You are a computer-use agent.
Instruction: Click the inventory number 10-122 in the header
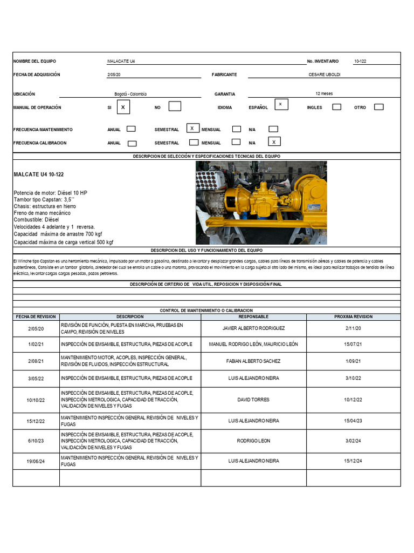point(360,62)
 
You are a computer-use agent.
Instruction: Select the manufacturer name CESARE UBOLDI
point(324,75)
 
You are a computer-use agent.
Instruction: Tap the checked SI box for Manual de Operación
point(123,107)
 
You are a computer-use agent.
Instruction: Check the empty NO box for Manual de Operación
point(175,106)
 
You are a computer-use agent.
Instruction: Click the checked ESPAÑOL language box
point(281,104)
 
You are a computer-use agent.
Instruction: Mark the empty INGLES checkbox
point(336,107)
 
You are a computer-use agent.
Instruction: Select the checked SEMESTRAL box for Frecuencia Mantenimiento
point(192,128)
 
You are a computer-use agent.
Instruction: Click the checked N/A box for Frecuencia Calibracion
point(274,142)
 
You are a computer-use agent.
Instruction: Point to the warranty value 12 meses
point(324,93)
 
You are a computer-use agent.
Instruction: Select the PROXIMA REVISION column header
point(353,316)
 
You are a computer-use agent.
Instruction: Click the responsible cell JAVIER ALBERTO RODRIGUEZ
point(253,328)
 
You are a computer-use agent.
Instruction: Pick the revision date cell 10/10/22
point(36,400)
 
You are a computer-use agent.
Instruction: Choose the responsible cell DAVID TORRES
point(253,400)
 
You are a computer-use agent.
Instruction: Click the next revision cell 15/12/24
point(353,461)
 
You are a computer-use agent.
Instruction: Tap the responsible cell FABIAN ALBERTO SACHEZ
point(253,361)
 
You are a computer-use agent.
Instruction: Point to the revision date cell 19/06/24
point(36,461)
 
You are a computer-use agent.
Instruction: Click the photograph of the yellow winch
point(261,203)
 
